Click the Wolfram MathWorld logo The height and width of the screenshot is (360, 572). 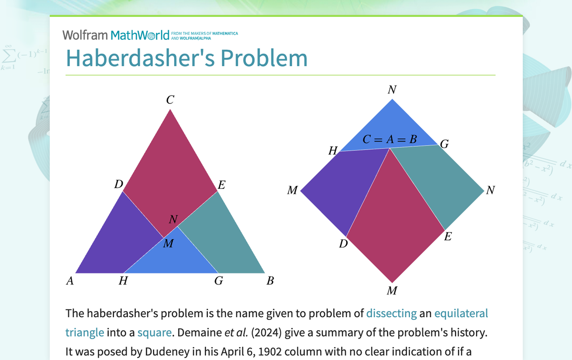[x=116, y=35]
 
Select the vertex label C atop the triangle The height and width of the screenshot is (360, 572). [x=170, y=100]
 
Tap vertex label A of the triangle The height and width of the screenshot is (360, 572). [x=70, y=281]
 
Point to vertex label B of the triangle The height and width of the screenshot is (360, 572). [x=270, y=281]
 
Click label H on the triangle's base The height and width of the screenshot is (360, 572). [x=123, y=281]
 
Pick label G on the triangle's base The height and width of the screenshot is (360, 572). [x=218, y=281]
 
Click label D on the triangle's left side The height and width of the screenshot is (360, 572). [x=118, y=184]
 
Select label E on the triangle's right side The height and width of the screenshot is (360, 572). [x=222, y=185]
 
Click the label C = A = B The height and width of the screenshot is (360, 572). [x=389, y=140]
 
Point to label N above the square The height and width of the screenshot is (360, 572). [x=392, y=90]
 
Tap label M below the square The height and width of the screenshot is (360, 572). [x=392, y=291]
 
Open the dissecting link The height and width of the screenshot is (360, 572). [x=391, y=313]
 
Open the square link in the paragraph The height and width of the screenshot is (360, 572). [x=155, y=332]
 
